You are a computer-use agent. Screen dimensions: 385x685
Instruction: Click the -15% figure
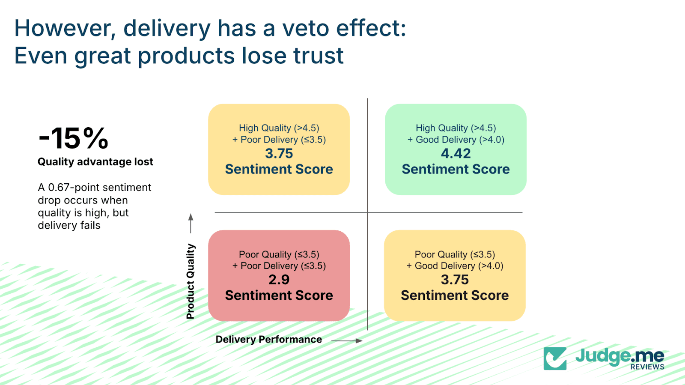pyautogui.click(x=73, y=138)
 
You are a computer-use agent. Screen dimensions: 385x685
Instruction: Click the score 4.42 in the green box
pyautogui.click(x=456, y=153)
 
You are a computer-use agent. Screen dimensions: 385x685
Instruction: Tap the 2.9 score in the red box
pyautogui.click(x=279, y=280)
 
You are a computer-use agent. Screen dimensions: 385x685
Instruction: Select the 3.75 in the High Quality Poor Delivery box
pyautogui.click(x=279, y=153)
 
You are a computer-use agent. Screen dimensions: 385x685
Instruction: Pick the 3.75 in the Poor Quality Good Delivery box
pyautogui.click(x=455, y=280)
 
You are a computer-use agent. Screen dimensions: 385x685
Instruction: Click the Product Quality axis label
pyautogui.click(x=191, y=281)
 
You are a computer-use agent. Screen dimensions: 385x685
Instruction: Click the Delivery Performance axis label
pyautogui.click(x=268, y=340)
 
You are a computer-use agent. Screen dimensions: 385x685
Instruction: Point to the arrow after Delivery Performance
pyautogui.click(x=347, y=341)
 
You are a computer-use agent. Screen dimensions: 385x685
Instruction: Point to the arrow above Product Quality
pyautogui.click(x=191, y=223)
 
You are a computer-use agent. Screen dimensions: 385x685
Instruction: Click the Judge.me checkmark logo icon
pyautogui.click(x=555, y=358)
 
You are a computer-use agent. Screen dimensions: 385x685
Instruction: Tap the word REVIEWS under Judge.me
pyautogui.click(x=647, y=367)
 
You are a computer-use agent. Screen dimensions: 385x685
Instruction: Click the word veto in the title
pyautogui.click(x=306, y=28)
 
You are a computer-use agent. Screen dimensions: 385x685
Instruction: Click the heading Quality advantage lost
pyautogui.click(x=95, y=162)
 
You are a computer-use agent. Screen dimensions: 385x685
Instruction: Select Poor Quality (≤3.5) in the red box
pyautogui.click(x=279, y=254)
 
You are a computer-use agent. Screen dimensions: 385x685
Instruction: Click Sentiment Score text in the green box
pyautogui.click(x=456, y=169)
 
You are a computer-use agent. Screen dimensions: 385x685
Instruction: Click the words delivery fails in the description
pyautogui.click(x=69, y=225)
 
